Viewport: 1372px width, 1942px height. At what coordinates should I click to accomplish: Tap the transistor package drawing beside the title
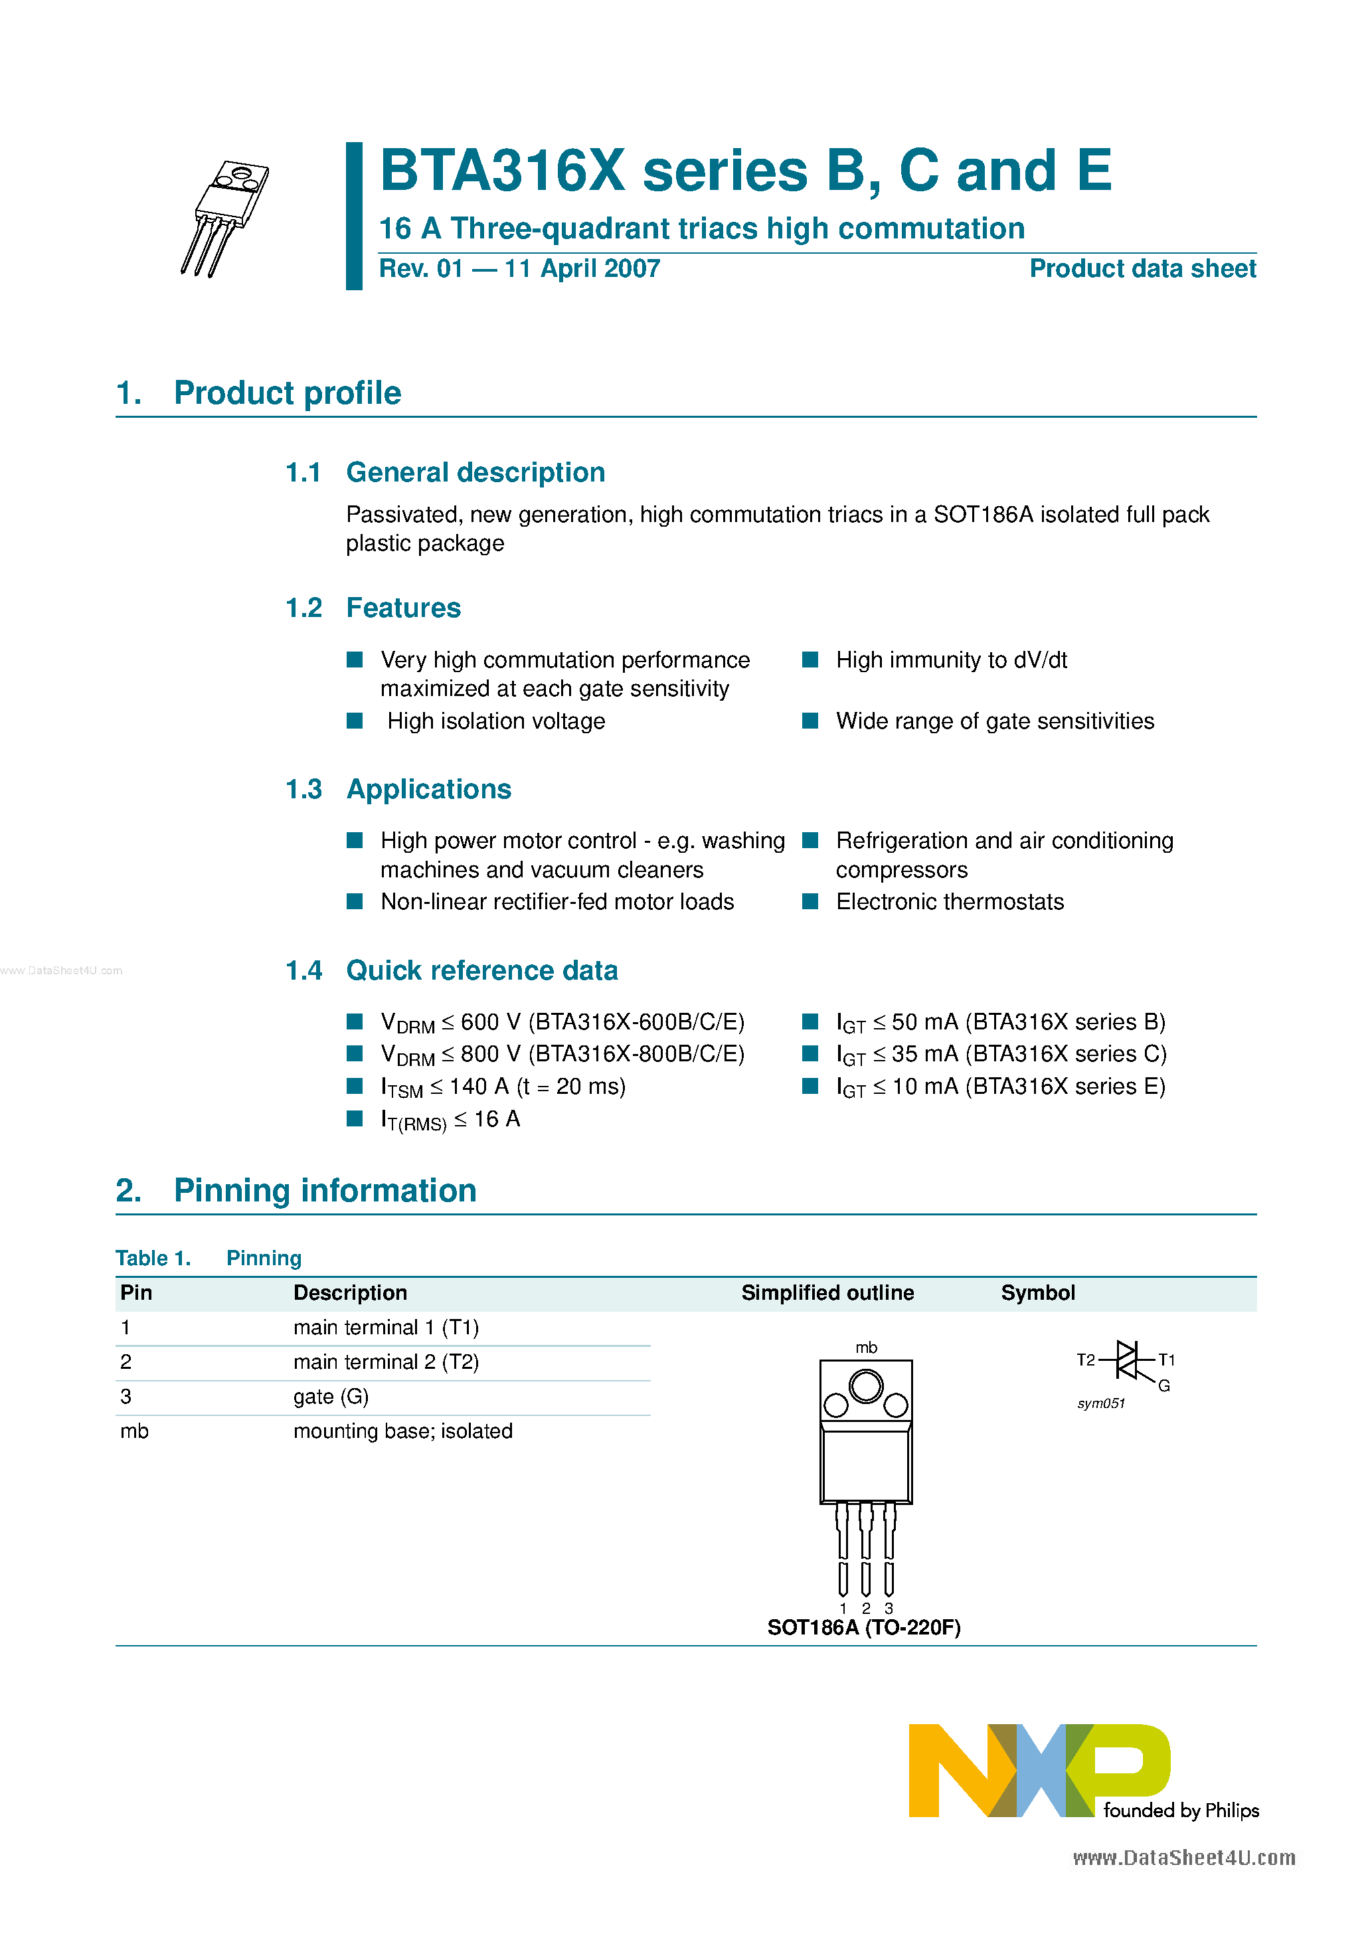[x=225, y=217]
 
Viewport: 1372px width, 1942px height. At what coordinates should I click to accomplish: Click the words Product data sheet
[x=1142, y=269]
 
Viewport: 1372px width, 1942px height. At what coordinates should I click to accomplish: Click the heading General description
[x=475, y=472]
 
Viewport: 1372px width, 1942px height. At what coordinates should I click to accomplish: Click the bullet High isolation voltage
[x=495, y=721]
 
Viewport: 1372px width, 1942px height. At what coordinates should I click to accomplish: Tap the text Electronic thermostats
[x=949, y=903]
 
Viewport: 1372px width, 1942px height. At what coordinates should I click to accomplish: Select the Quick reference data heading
[x=481, y=970]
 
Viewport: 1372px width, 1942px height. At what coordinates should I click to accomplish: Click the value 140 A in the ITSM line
[x=479, y=1087]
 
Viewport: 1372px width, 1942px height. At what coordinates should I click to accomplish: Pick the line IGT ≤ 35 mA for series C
[x=1001, y=1055]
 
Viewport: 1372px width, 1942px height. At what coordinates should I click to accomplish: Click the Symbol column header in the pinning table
[x=1037, y=1293]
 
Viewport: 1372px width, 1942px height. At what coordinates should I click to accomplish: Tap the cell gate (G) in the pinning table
[x=331, y=1397]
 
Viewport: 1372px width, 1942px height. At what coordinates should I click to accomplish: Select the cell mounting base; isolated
[x=402, y=1431]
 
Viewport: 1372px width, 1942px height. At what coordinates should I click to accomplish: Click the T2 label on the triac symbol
[x=1085, y=1360]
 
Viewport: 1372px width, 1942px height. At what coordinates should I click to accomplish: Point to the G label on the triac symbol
[x=1164, y=1385]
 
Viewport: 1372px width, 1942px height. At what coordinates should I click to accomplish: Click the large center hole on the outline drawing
[x=865, y=1386]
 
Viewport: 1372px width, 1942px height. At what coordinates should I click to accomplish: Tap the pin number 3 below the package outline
[x=888, y=1608]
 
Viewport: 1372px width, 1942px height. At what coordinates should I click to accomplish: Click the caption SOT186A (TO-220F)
[x=863, y=1629]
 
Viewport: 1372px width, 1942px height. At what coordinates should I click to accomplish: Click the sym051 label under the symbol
[x=1100, y=1404]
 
